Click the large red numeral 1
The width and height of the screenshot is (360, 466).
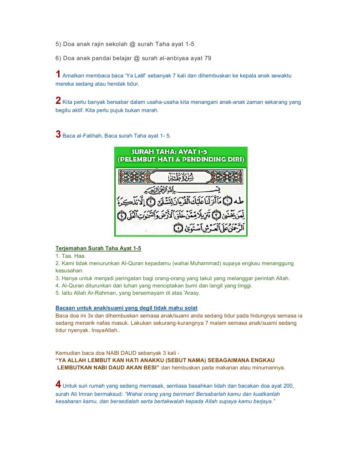[58, 74]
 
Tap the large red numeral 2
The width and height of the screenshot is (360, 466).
[58, 101]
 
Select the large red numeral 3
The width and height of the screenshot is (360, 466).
[58, 134]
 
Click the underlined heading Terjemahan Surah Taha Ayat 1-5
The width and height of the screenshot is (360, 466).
[98, 248]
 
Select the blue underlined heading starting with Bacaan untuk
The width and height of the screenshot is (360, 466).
[127, 308]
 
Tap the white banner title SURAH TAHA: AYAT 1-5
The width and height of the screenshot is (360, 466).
[181, 152]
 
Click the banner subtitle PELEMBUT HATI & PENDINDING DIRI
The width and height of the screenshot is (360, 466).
[181, 160]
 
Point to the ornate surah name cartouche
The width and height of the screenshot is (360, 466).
[181, 176]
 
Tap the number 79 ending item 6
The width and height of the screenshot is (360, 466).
[208, 58]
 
